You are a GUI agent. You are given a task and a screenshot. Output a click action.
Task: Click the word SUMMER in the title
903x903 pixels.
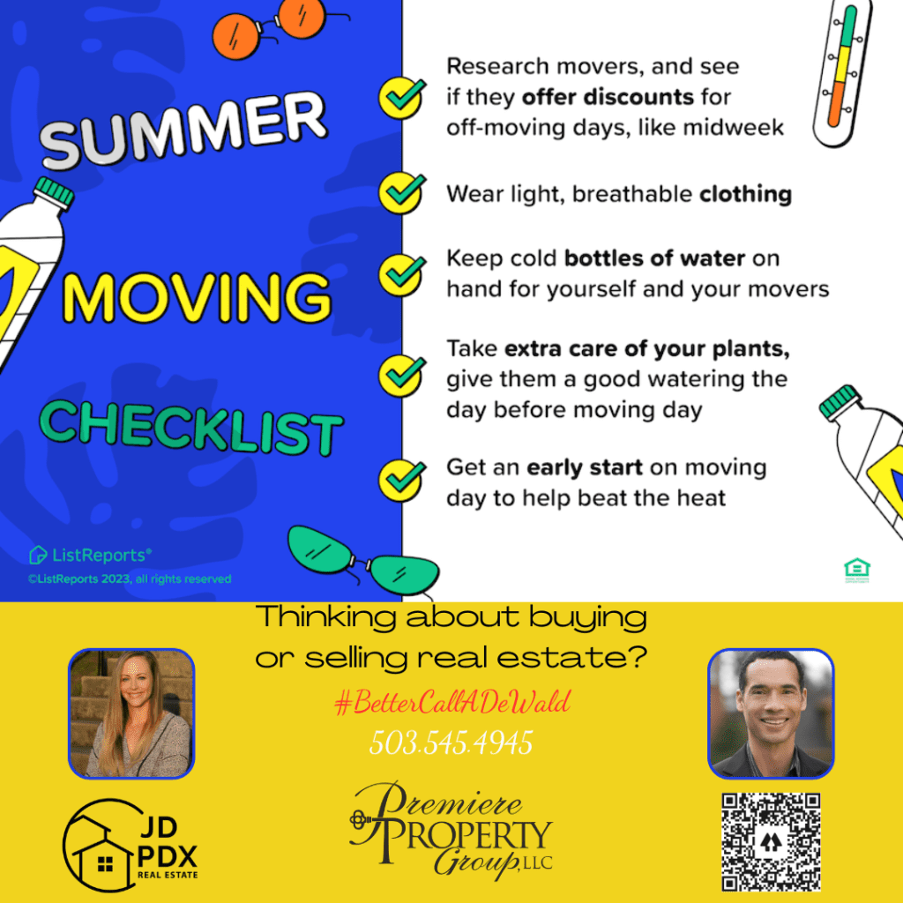pyautogui.click(x=183, y=131)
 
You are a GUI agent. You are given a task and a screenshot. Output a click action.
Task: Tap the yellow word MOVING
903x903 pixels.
pyautogui.click(x=197, y=297)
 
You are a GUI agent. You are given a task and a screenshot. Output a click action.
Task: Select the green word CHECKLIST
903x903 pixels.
pyautogui.click(x=191, y=428)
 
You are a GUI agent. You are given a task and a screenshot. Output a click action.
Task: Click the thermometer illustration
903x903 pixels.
pyautogui.click(x=842, y=72)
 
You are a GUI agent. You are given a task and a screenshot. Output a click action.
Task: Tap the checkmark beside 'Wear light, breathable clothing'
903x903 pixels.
pyautogui.click(x=402, y=193)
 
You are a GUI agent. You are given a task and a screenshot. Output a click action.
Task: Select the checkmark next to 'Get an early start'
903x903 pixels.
pyautogui.click(x=402, y=481)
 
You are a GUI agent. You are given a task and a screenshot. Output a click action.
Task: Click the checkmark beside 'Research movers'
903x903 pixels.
pyautogui.click(x=402, y=98)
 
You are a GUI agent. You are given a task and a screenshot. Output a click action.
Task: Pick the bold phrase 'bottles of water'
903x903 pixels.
pyautogui.click(x=654, y=258)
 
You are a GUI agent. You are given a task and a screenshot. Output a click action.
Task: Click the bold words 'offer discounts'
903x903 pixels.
pyautogui.click(x=608, y=97)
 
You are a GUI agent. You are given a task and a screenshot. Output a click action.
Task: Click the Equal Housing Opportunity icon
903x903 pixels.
pyautogui.click(x=857, y=570)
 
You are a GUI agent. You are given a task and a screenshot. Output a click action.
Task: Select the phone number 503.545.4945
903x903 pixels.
pyautogui.click(x=451, y=743)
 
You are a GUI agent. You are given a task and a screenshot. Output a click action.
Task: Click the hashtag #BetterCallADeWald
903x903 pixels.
pyautogui.click(x=452, y=702)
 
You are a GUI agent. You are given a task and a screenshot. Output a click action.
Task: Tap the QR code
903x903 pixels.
pyautogui.click(x=771, y=841)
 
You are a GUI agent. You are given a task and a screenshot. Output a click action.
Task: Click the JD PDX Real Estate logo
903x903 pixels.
pyautogui.click(x=131, y=846)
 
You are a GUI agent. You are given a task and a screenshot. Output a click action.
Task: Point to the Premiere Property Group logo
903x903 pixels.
pyautogui.click(x=451, y=831)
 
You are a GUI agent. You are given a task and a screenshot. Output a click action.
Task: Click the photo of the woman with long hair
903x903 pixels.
pyautogui.click(x=131, y=713)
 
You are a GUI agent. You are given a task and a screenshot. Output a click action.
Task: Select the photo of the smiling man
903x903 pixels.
pyautogui.click(x=771, y=713)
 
